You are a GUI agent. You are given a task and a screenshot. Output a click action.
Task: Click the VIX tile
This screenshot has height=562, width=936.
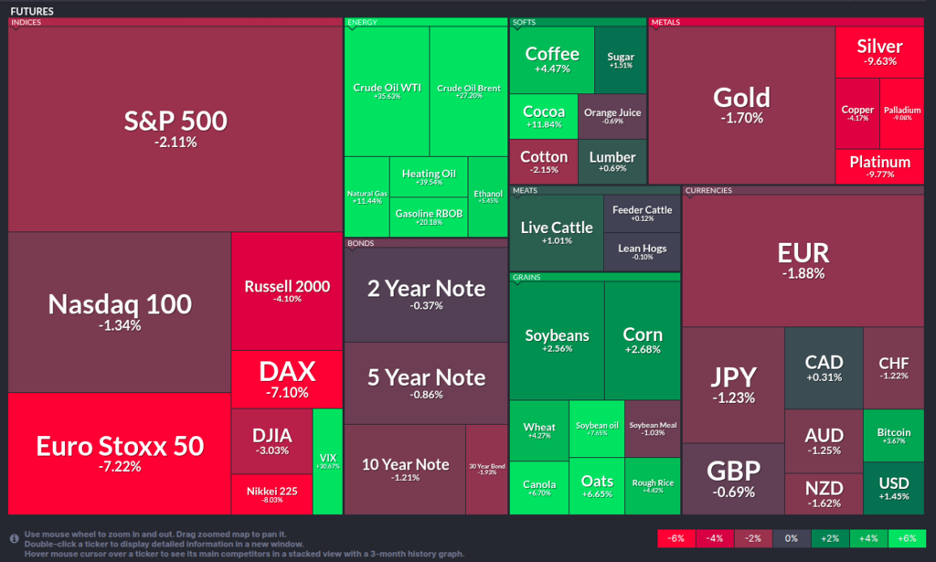pos(326,461)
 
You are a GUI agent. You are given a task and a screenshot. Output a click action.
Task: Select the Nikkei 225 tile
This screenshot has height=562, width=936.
pos(271,494)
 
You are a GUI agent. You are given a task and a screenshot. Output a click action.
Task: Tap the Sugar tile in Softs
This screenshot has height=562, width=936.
pos(621,60)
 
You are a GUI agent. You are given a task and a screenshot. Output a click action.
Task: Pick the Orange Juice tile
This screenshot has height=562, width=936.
pos(612,116)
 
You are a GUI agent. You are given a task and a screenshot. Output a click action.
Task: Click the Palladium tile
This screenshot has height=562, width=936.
pos(902,113)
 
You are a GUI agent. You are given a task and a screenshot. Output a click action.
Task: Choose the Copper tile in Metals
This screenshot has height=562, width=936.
pos(857,113)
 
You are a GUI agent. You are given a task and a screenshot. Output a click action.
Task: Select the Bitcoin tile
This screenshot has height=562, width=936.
pos(893,436)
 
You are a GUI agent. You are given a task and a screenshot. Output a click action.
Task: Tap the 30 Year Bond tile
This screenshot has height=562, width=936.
pos(487,470)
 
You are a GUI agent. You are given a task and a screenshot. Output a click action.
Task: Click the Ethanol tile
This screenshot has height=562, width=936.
pos(488,196)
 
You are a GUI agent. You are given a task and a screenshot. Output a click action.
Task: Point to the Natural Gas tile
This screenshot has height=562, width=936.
pos(367,196)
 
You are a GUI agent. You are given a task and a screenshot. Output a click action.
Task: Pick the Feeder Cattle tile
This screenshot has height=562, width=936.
pos(642,213)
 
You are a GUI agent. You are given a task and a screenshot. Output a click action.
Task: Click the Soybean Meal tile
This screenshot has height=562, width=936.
pos(653,428)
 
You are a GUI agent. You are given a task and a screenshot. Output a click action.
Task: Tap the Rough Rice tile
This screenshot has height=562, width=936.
pos(653,486)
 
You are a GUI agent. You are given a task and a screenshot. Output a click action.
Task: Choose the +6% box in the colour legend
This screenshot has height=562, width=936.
pos(908,538)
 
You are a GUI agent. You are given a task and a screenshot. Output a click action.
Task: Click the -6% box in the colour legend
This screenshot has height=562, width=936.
pos(676,538)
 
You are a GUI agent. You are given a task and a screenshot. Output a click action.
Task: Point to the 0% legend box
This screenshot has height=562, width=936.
pos(792,538)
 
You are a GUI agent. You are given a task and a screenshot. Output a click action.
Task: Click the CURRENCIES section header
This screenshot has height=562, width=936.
pos(709,190)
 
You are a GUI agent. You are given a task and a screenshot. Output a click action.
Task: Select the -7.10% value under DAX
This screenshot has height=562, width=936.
pos(287,392)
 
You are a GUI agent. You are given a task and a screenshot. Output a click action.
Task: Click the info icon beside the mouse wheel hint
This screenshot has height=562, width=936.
pos(15,538)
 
